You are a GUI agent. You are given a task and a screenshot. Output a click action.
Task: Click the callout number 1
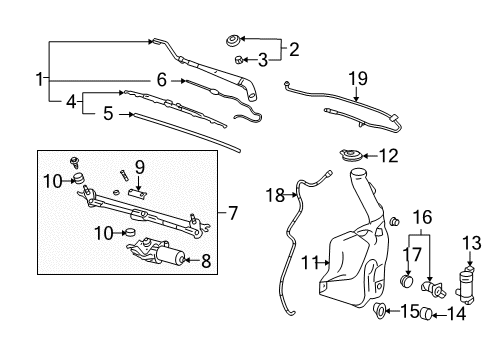click(40, 78)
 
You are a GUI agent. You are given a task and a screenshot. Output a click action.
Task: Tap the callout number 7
click(232, 213)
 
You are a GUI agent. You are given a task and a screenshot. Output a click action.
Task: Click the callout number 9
click(141, 166)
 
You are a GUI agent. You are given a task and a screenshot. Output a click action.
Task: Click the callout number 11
click(310, 263)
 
